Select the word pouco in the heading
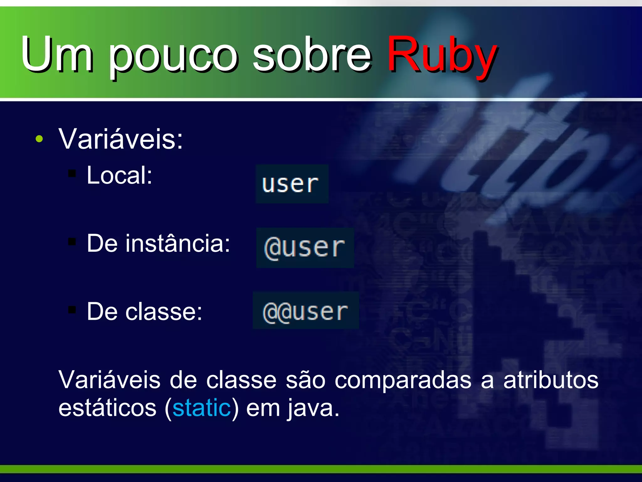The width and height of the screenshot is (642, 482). pyautogui.click(x=173, y=56)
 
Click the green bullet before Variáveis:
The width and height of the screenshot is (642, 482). pyautogui.click(x=39, y=139)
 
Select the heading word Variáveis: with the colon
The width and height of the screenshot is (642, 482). pyautogui.click(x=121, y=139)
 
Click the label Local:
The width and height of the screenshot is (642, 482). pyautogui.click(x=119, y=175)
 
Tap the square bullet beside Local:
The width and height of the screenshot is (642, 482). pyautogui.click(x=72, y=173)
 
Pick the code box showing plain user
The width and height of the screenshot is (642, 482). pyautogui.click(x=292, y=184)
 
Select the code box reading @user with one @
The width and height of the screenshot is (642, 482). pyautogui.click(x=305, y=248)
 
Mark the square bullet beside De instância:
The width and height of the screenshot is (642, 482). pyautogui.click(x=72, y=241)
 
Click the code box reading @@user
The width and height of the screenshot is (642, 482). pyautogui.click(x=306, y=310)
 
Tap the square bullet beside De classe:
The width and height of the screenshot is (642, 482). pyautogui.click(x=72, y=310)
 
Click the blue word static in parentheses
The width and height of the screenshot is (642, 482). pyautogui.click(x=202, y=408)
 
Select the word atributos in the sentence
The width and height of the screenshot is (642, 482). pyautogui.click(x=551, y=380)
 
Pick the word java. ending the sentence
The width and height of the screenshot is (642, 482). pyautogui.click(x=313, y=409)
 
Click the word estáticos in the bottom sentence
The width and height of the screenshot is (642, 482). pyautogui.click(x=107, y=408)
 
